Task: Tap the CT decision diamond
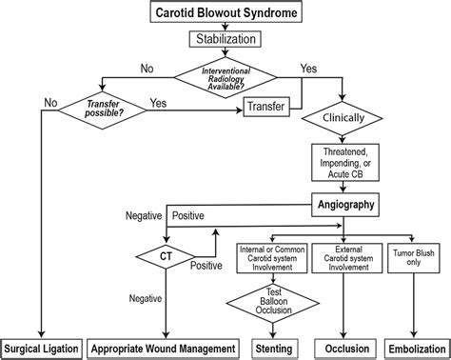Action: [x=165, y=255]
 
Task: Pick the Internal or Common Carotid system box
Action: [x=271, y=256]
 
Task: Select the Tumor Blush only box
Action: [x=411, y=256]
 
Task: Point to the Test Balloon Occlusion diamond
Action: [x=271, y=304]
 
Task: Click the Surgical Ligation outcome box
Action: [x=41, y=348]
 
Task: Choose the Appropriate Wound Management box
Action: [x=165, y=348]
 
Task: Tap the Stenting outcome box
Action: [x=271, y=348]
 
